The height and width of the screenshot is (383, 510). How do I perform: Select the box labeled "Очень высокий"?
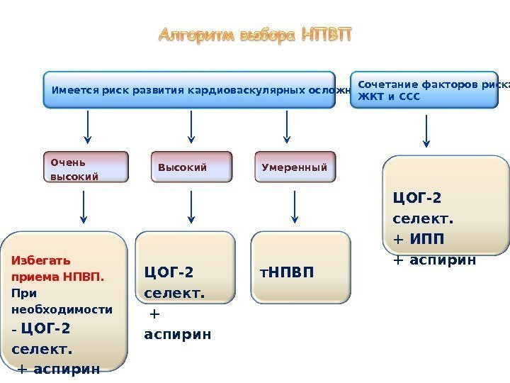click(x=86, y=167)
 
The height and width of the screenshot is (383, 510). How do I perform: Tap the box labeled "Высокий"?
click(x=191, y=167)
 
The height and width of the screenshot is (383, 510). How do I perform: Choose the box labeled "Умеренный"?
click(x=295, y=167)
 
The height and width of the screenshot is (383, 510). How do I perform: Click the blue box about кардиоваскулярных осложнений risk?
click(x=189, y=90)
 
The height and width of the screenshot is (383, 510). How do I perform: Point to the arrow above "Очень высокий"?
click(x=87, y=127)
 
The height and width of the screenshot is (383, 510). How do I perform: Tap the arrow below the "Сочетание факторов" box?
click(x=427, y=132)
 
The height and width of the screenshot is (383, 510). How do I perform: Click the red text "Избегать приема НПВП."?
click(x=57, y=267)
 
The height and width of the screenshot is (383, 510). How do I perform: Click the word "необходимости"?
click(x=62, y=310)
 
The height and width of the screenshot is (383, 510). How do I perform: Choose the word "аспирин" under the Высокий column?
click(x=177, y=333)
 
